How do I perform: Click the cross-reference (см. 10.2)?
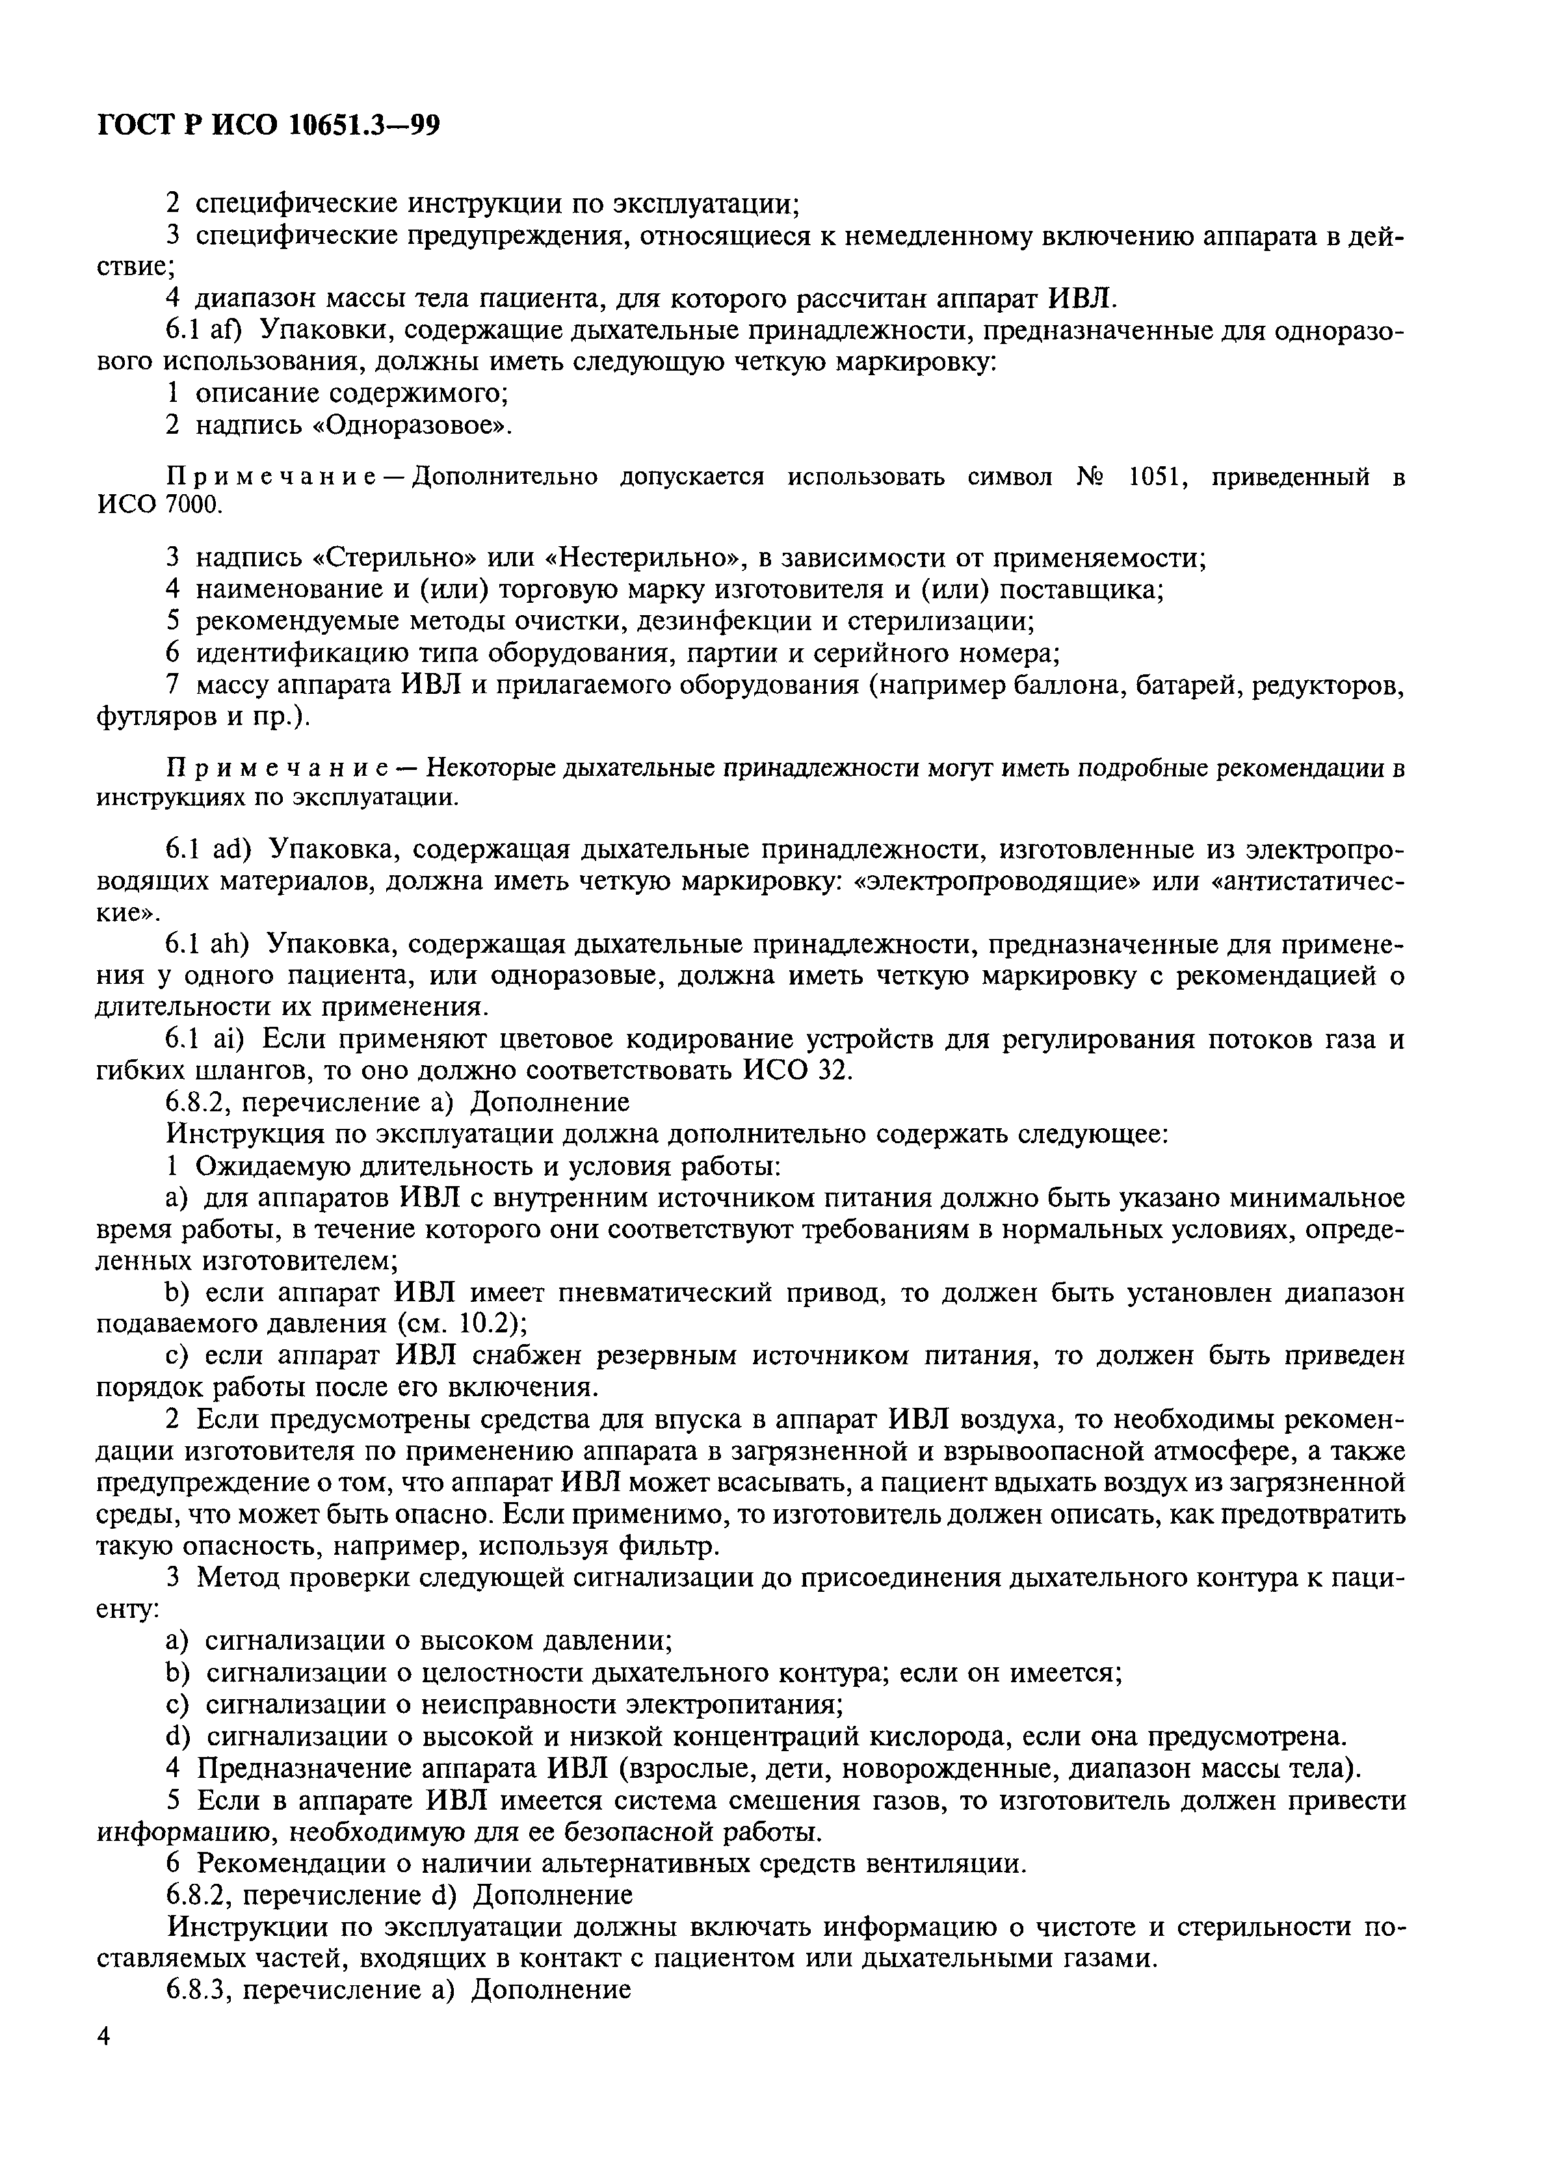pyautogui.click(x=458, y=1323)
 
